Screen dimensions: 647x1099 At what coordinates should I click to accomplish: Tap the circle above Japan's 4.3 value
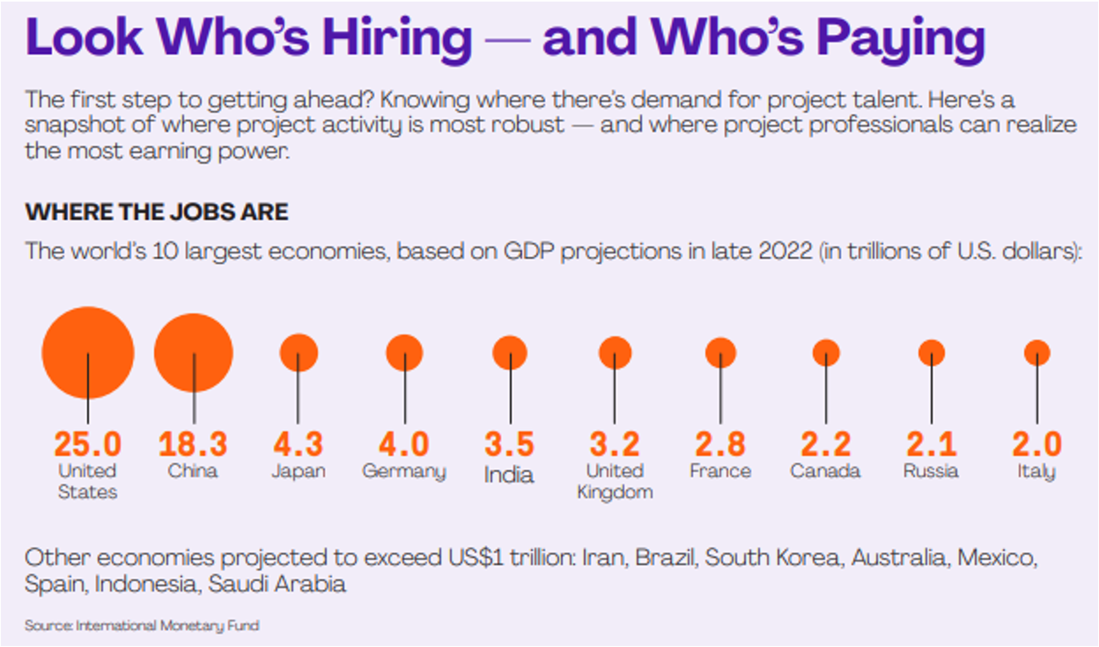298,352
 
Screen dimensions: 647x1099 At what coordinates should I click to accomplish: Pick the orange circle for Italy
1036,352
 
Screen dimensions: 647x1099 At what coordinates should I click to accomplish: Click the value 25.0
88,443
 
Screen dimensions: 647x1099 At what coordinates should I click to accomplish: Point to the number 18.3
194,443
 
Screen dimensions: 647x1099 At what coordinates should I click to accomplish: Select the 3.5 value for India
510,443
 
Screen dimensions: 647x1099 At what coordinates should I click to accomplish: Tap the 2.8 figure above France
720,443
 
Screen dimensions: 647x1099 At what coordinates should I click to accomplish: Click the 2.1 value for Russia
931,443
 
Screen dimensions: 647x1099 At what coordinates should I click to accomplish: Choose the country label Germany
404,471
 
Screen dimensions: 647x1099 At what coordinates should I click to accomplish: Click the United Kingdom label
615,481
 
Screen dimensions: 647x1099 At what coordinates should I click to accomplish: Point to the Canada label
825,470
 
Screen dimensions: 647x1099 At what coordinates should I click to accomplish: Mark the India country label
509,474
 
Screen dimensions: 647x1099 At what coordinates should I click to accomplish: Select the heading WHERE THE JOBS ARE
156,211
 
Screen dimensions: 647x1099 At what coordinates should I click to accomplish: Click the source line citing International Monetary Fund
141,626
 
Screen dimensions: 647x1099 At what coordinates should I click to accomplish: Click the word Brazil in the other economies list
664,557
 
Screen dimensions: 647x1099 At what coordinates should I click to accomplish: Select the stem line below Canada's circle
826,393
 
